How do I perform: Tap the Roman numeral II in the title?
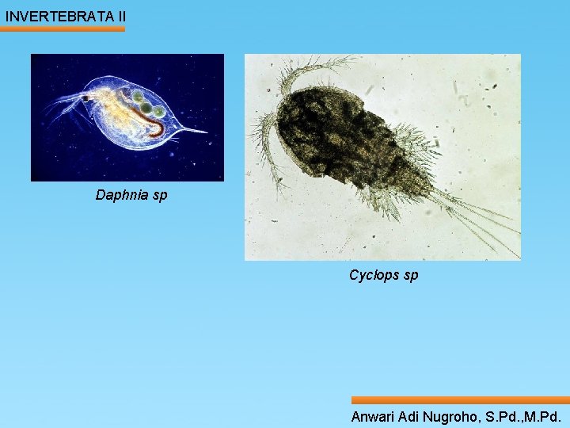pyautogui.click(x=119, y=16)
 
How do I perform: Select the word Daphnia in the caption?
pyautogui.click(x=122, y=195)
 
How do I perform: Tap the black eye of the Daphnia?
pyautogui.click(x=84, y=99)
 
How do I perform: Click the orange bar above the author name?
pyautogui.click(x=460, y=400)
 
